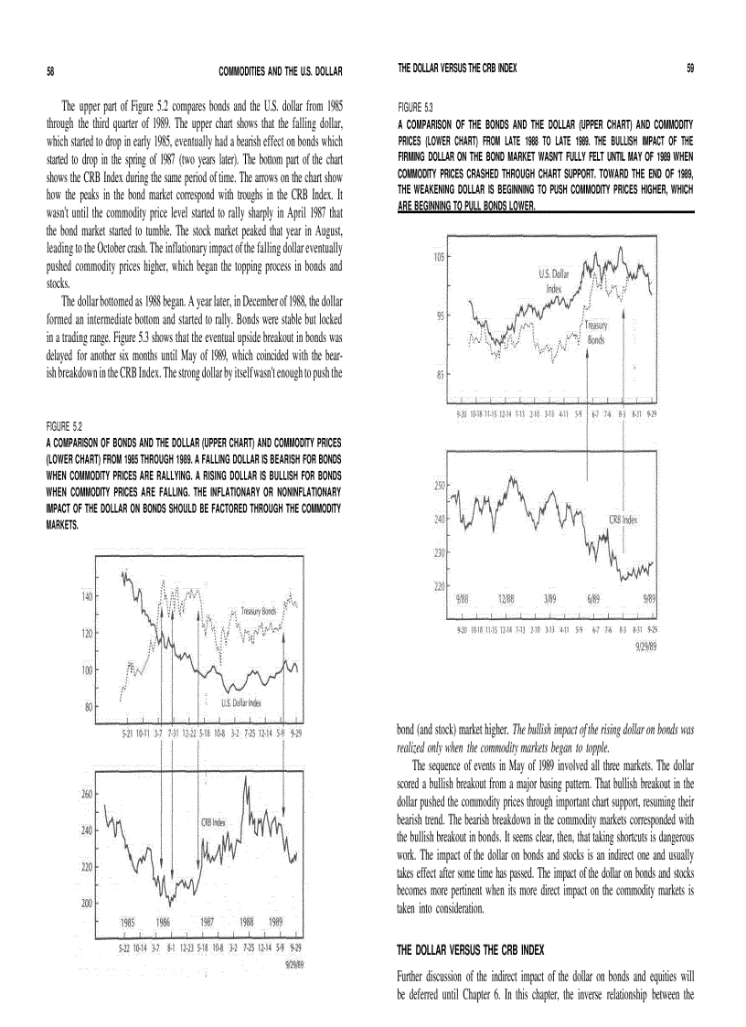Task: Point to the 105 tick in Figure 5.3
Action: click(x=439, y=258)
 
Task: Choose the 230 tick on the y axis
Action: click(x=439, y=552)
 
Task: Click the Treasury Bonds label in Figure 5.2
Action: click(x=259, y=611)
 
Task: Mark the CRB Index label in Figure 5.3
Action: click(x=623, y=519)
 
